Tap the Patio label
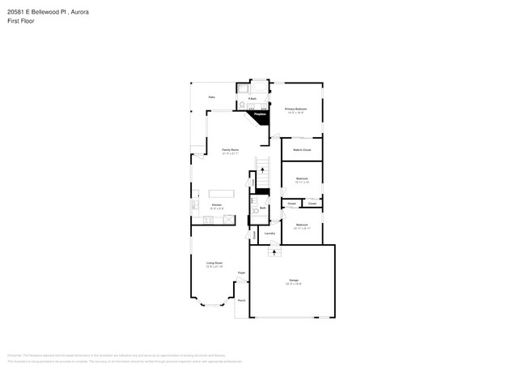pos(211,97)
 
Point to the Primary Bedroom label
pos(295,109)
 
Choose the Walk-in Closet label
pos(301,150)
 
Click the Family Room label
pos(231,151)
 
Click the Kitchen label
pos(217,206)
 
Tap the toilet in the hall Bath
pos(254,212)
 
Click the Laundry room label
pos(269,234)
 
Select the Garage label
pos(293,281)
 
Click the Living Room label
pos(214,264)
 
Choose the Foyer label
pos(241,273)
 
